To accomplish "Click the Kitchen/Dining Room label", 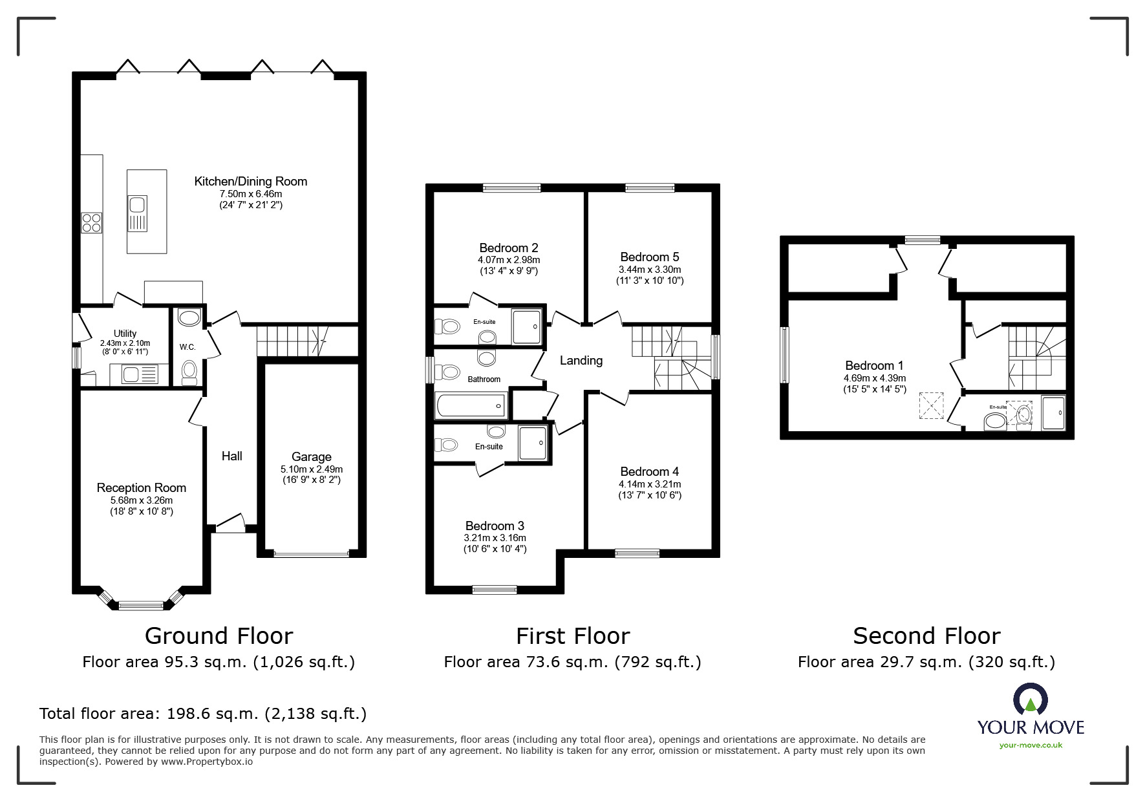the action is pos(251,182).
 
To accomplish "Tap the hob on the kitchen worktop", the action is pos(91,222).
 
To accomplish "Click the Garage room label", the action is pos(311,457).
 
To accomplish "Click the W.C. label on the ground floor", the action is pos(187,347).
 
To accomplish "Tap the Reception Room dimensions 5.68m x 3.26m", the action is pos(142,500).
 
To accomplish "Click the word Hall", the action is pos(232,456).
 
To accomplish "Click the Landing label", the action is pos(581,361).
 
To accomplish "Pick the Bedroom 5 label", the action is pos(650,257).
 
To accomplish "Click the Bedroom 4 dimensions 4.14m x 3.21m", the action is pos(650,484).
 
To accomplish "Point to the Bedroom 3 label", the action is pos(495,526).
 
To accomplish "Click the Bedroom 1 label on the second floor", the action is pos(875,366).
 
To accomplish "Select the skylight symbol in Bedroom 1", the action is pos(932,407).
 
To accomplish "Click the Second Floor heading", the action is pos(926,636).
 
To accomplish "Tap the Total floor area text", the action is pos(203,714).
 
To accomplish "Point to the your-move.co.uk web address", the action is pos(1031,745).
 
